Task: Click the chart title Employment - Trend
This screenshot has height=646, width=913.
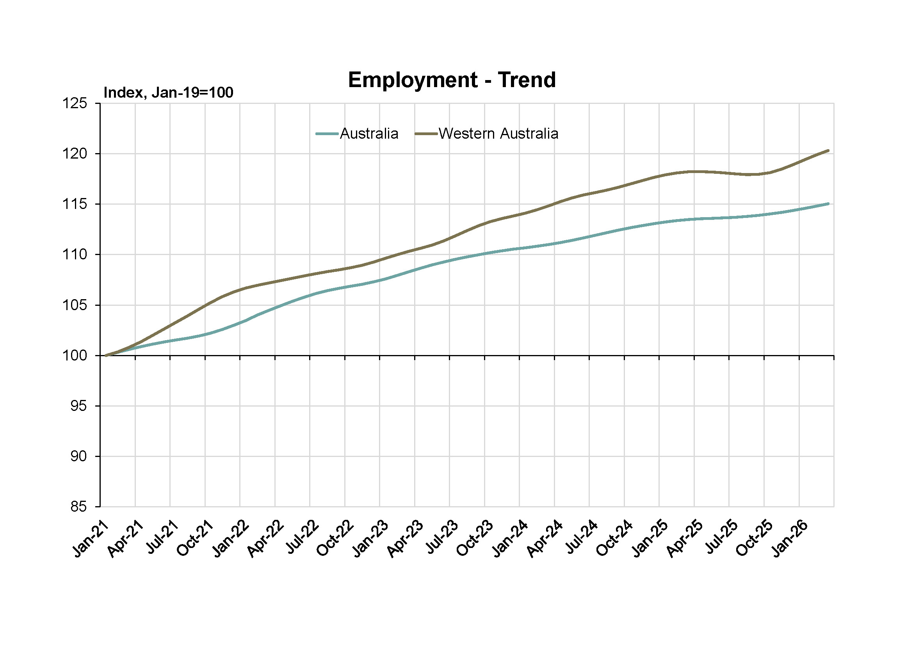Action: [452, 80]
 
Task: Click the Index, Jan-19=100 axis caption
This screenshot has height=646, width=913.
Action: [168, 93]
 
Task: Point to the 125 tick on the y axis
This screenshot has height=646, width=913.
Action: [75, 104]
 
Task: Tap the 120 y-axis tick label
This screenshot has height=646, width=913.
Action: [75, 153]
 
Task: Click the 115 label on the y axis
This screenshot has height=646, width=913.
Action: [75, 204]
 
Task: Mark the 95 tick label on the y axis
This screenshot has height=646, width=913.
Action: [78, 406]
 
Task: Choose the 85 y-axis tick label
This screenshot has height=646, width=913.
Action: [78, 507]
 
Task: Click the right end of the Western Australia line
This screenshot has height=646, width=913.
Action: [828, 150]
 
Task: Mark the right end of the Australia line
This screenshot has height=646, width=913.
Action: [828, 203]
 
